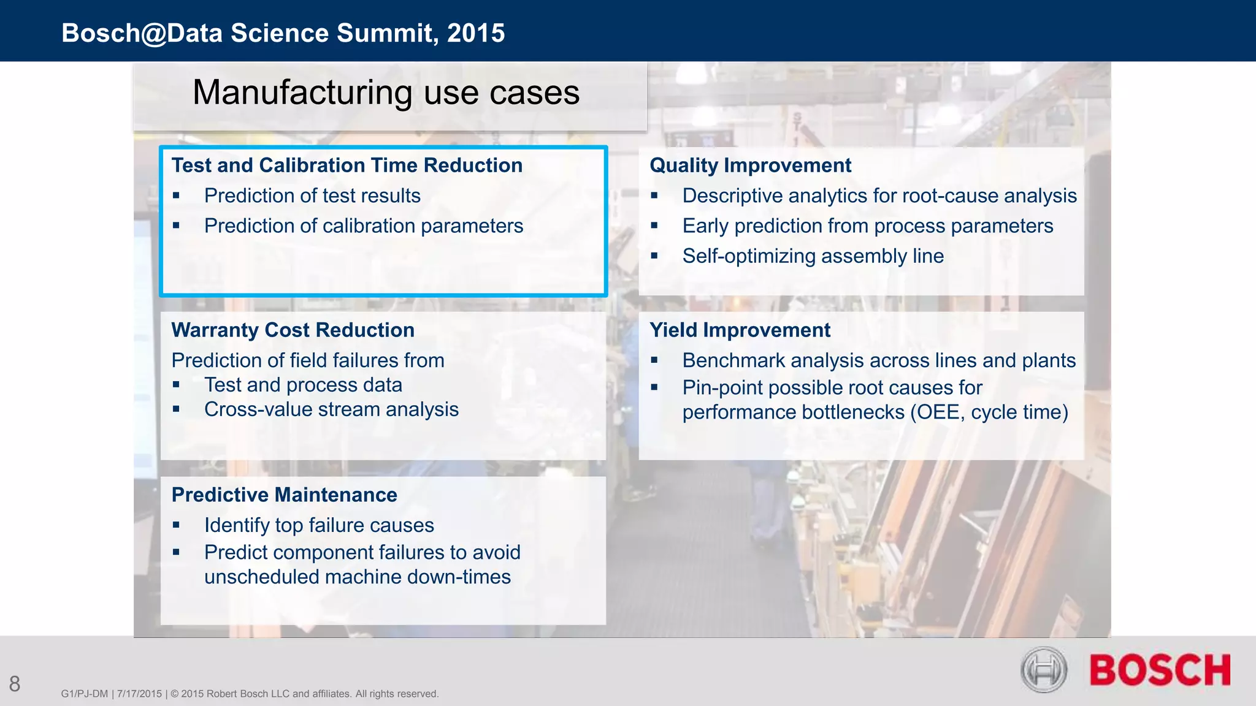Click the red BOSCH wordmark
[1160, 670]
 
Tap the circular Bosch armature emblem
[1044, 670]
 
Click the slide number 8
[15, 684]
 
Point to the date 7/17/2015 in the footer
[139, 694]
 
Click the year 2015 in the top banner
[476, 33]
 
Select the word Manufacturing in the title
[302, 93]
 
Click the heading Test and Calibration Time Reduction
[347, 165]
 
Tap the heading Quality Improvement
[750, 165]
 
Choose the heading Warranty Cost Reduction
[293, 330]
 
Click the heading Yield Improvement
[740, 330]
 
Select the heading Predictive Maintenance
[284, 495]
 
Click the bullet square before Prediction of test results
[176, 196]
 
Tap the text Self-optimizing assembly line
[813, 256]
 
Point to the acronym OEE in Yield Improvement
[936, 412]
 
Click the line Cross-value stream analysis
[331, 409]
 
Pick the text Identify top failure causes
[319, 526]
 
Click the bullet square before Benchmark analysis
[654, 361]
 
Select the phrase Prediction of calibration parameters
[364, 226]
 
